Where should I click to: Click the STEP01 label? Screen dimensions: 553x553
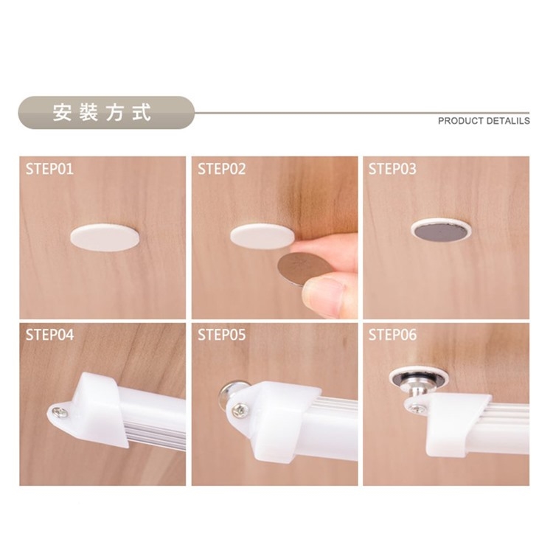tap(49, 169)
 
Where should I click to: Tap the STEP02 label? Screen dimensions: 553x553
tap(221, 169)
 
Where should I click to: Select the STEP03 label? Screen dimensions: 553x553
tap(392, 169)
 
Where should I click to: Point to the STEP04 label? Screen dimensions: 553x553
tap(49, 335)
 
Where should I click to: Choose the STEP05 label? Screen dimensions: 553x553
tap(221, 335)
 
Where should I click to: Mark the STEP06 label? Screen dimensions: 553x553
tap(392, 335)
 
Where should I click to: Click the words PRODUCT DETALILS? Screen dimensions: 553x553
tap(484, 121)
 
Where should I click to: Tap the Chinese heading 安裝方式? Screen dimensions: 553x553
tap(102, 113)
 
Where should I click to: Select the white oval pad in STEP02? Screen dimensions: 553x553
tap(262, 236)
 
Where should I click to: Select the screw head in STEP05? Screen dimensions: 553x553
tap(240, 409)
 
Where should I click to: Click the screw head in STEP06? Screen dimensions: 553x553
tap(417, 408)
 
